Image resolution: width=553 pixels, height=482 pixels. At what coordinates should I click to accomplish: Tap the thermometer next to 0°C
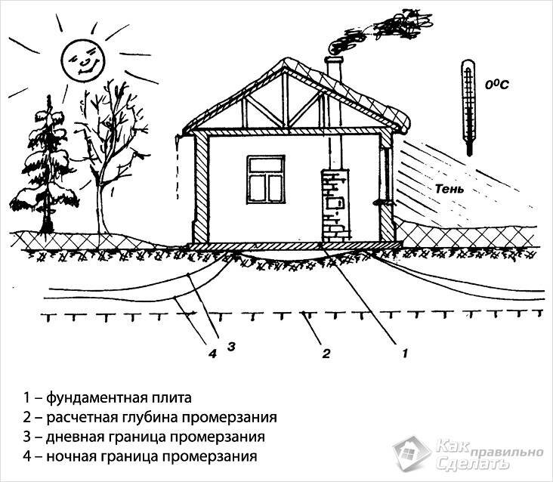[468, 106]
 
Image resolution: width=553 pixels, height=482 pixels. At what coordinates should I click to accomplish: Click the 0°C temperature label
[496, 85]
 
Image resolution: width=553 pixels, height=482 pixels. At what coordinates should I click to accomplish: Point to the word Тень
[446, 188]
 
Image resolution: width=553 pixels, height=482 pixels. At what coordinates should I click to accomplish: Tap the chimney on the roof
[334, 68]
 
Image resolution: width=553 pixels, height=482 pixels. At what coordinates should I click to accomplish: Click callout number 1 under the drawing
[405, 352]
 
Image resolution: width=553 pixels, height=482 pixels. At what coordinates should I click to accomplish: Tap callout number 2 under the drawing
[326, 352]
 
